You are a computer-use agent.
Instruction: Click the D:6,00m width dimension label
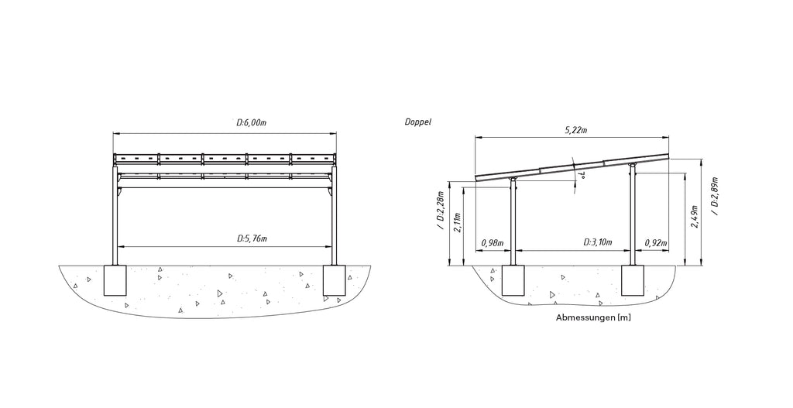pyautogui.click(x=252, y=123)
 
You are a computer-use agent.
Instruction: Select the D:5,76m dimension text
pyautogui.click(x=252, y=238)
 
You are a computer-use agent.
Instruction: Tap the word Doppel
pyautogui.click(x=417, y=122)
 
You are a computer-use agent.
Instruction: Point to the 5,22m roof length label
pyautogui.click(x=576, y=130)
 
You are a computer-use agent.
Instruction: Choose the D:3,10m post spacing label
pyautogui.click(x=598, y=242)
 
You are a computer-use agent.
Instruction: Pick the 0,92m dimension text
pyautogui.click(x=656, y=243)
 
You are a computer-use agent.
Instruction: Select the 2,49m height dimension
pyautogui.click(x=695, y=217)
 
